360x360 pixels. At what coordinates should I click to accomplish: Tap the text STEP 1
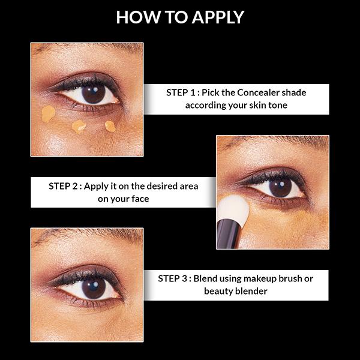tap(182, 93)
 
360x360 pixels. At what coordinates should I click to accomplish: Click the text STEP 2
tap(64, 186)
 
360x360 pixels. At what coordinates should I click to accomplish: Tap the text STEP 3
tap(174, 278)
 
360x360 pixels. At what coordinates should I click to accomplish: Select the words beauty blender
tap(235, 291)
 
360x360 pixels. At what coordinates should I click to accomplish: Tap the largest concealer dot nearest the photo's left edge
tap(48, 113)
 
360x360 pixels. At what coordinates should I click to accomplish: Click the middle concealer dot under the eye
tap(79, 127)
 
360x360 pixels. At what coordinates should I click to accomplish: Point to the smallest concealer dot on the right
tap(110, 125)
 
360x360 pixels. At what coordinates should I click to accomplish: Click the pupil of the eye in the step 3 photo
tap(94, 287)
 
